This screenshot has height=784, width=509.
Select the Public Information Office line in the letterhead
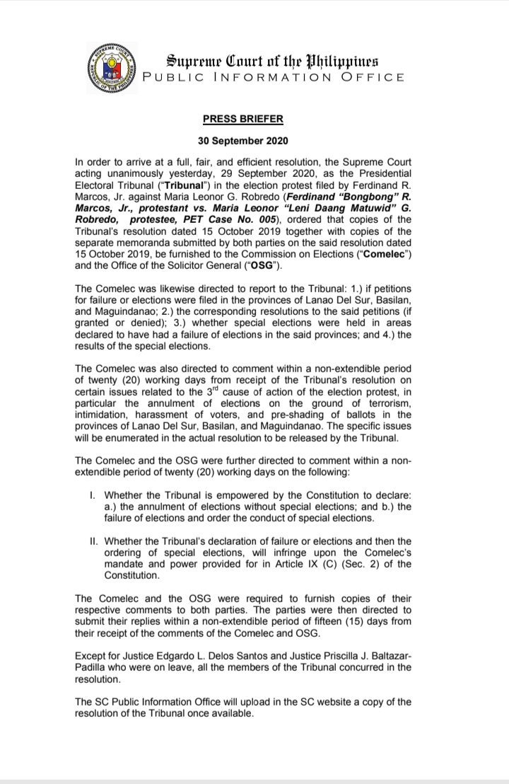[x=274, y=77]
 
